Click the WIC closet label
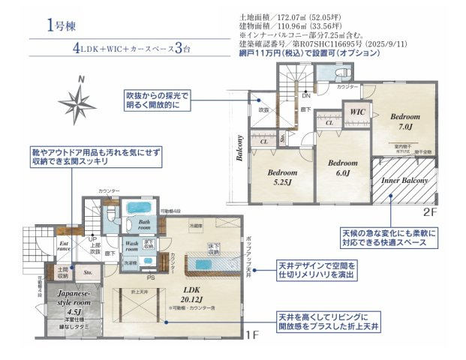355,112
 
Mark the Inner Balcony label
404,181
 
